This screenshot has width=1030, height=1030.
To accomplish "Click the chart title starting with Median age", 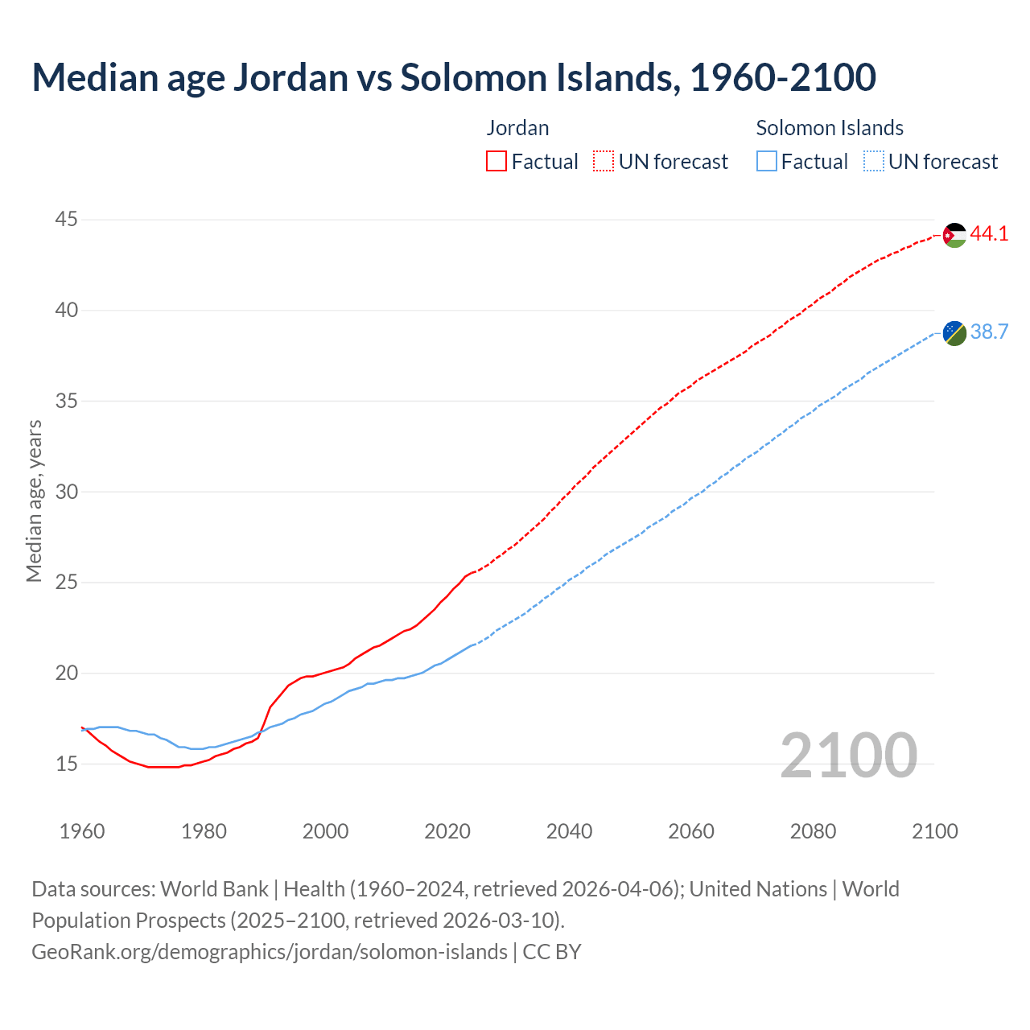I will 453,77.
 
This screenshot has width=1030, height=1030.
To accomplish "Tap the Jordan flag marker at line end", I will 954,235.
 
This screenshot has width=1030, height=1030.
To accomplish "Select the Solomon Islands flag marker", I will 954,333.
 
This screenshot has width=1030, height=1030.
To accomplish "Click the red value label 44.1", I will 989,234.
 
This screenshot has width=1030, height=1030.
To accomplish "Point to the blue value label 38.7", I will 989,332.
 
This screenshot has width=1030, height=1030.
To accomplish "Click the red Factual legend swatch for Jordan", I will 496,162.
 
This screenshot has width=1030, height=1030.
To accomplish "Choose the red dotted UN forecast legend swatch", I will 604,162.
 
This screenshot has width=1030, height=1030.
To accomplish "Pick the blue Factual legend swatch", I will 766,162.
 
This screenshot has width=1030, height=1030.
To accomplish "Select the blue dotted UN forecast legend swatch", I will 873,162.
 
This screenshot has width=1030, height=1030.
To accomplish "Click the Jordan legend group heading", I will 517,128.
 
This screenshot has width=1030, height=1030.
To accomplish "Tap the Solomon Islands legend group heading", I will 829,128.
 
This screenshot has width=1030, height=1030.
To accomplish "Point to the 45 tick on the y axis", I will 67,220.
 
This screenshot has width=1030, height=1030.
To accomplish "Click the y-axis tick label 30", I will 67,492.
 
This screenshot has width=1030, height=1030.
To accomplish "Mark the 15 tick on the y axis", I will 67,764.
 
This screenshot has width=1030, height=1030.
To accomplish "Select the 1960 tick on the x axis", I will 82,831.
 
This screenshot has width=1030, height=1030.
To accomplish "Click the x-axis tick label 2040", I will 569,831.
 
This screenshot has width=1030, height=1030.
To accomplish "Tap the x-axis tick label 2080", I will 813,831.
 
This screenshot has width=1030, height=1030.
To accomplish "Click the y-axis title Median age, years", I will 34,501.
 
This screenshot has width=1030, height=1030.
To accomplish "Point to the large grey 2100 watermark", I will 848,756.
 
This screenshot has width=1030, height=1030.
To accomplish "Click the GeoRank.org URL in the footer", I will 270,952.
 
